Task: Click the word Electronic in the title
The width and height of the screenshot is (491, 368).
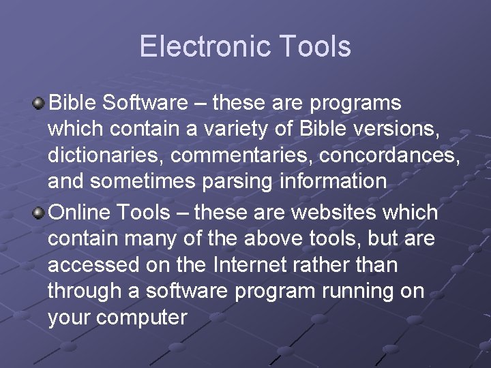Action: (197, 47)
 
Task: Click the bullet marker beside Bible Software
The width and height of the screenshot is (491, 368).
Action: (40, 104)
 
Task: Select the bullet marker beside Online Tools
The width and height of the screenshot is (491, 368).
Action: (40, 213)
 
